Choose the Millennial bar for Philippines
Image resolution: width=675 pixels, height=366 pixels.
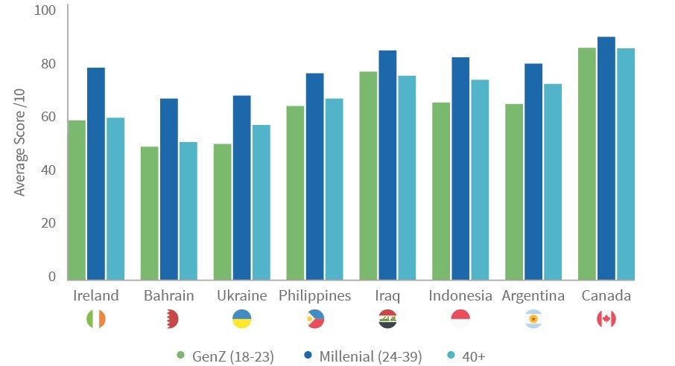(x=315, y=176)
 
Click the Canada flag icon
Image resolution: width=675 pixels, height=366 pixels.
(x=606, y=319)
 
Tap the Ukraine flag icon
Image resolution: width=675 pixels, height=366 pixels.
(x=241, y=319)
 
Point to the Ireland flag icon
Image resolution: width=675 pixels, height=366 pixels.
(x=96, y=319)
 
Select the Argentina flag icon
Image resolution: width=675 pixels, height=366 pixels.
(x=533, y=319)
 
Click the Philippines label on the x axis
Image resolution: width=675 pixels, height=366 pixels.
(x=315, y=296)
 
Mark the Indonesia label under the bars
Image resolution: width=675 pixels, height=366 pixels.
(x=460, y=296)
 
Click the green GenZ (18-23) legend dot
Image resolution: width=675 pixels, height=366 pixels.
(x=180, y=356)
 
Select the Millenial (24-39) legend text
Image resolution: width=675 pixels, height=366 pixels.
(x=370, y=356)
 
